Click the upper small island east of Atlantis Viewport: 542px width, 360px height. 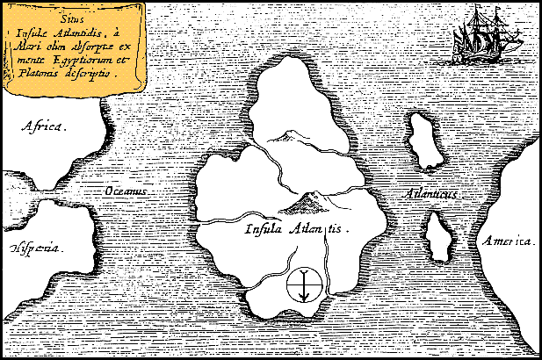click(x=424, y=141)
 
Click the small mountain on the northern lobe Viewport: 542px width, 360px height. click(x=285, y=135)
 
